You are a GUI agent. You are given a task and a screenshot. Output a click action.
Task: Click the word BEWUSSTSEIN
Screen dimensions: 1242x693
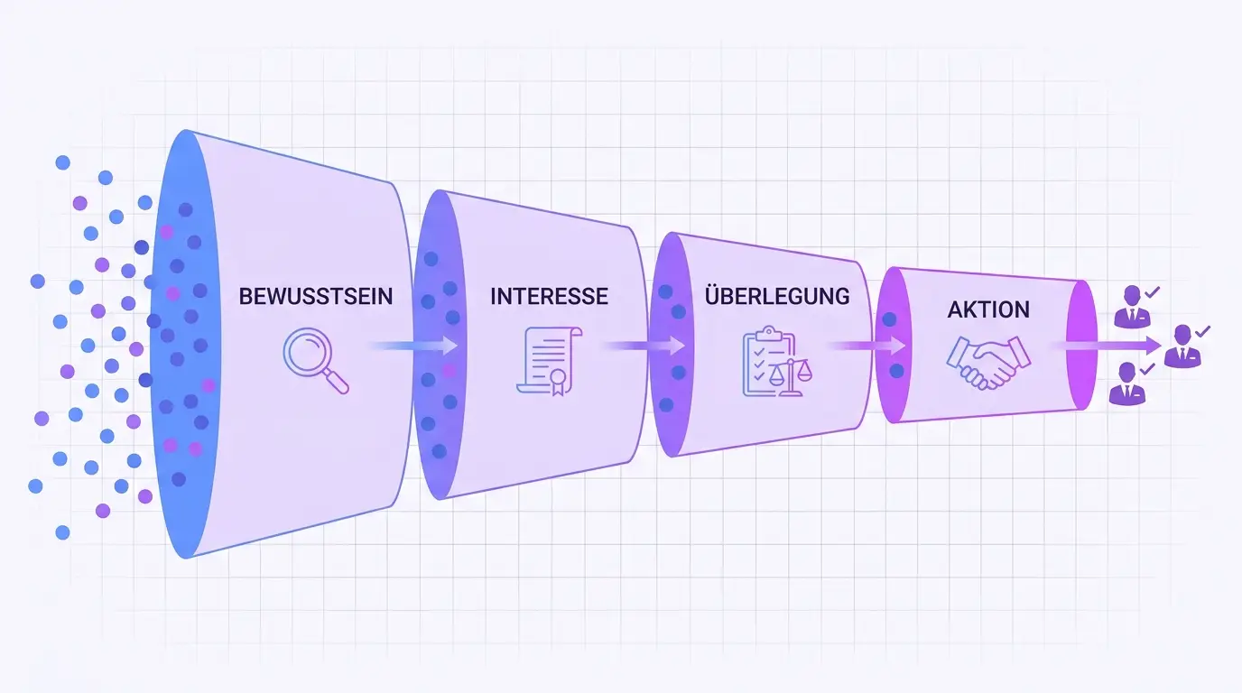tap(316, 297)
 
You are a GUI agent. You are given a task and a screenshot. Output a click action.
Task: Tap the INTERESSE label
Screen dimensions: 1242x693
tap(549, 297)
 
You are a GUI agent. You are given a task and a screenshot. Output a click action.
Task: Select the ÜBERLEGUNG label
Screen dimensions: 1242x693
tap(777, 295)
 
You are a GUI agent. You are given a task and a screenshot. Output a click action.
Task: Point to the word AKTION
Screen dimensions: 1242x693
tap(988, 310)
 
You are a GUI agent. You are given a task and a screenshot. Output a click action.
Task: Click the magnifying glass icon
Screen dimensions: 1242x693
tap(316, 361)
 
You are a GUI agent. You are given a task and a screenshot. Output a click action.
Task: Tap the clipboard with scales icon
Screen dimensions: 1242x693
tap(777, 361)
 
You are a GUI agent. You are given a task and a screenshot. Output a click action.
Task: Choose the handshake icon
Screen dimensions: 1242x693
tap(988, 363)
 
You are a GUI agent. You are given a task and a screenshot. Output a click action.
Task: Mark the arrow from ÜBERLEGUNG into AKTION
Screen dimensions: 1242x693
tap(868, 346)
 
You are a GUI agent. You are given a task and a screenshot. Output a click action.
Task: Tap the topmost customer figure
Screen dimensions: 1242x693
tap(1132, 307)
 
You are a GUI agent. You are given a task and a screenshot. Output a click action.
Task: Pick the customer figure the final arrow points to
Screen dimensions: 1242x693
tap(1182, 346)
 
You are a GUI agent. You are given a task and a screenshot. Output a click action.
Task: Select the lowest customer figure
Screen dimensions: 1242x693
tap(1127, 383)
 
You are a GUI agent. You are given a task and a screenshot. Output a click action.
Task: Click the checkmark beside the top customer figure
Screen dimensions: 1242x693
tap(1152, 291)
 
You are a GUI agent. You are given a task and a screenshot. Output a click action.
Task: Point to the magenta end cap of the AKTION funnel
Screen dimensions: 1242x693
tap(1081, 345)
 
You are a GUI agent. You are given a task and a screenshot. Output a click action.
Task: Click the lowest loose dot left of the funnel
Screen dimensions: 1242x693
tap(62, 532)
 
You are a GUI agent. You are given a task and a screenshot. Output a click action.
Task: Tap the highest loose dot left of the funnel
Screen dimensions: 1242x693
tap(62, 162)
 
